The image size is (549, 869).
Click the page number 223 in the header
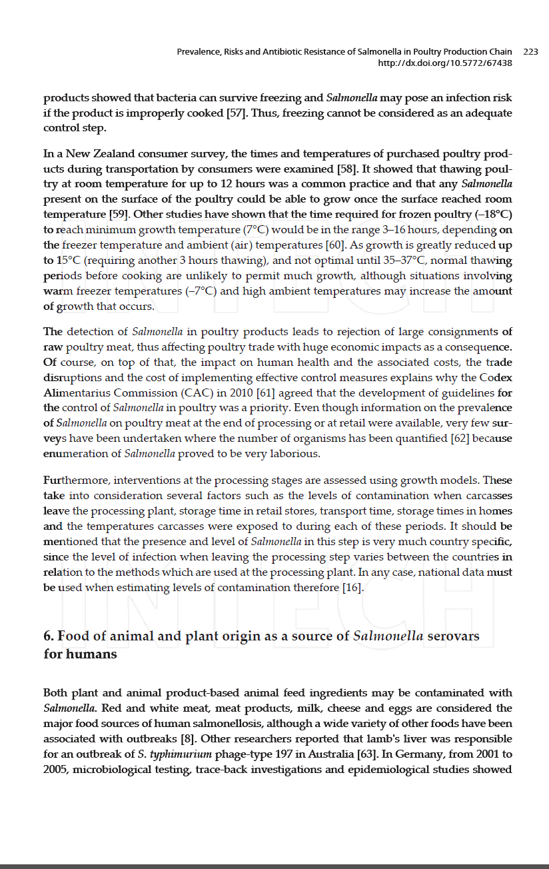click(530, 51)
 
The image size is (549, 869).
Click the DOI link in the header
click(445, 63)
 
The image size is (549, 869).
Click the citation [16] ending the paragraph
click(353, 587)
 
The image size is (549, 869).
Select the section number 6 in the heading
click(49, 636)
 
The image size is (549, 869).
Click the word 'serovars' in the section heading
click(453, 636)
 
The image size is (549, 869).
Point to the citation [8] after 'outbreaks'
click(189, 738)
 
